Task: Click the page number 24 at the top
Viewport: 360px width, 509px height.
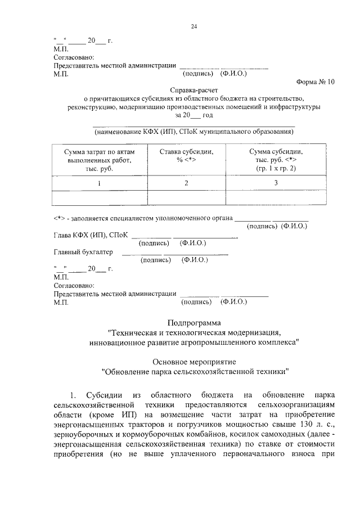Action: (193, 26)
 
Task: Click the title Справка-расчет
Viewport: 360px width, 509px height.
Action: (194, 89)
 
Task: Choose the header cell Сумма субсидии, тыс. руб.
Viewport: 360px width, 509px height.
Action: (276, 160)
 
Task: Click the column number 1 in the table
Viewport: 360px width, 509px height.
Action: (99, 183)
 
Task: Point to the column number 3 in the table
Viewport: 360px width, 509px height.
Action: (276, 183)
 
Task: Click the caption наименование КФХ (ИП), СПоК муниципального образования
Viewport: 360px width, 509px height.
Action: (194, 132)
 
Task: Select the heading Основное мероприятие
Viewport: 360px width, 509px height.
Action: (194, 360)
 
